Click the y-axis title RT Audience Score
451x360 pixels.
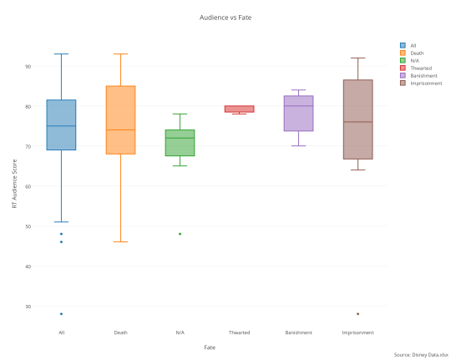click(14, 185)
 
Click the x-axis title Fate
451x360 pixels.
click(210, 347)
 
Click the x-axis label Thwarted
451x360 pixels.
click(239, 332)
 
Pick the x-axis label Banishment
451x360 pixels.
click(298, 332)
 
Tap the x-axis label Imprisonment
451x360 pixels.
click(357, 332)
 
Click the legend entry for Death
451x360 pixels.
click(416, 53)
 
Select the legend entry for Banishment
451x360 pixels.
click(421, 76)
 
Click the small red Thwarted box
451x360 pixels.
click(239, 109)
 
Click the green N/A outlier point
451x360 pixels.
click(180, 234)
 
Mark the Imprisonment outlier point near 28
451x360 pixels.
click(357, 314)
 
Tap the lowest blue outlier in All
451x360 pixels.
click(61, 314)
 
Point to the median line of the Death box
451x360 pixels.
click(120, 130)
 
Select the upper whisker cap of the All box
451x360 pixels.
click(61, 54)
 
